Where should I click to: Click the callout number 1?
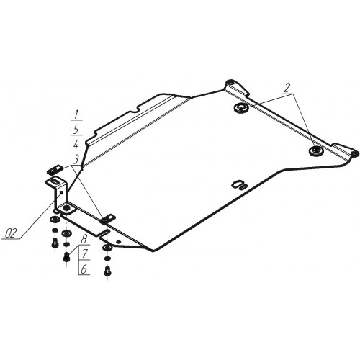[76, 114]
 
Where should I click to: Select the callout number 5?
[76, 130]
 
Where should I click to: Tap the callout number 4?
[76, 145]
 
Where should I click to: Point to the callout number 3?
[76, 159]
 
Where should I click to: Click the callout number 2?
[287, 89]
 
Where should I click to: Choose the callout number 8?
[84, 239]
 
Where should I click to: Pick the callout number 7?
[84, 254]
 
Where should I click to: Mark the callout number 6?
[84, 269]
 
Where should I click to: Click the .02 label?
[10, 233]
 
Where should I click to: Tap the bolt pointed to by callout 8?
[66, 256]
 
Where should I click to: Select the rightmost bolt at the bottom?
[107, 271]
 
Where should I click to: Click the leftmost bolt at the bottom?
[55, 243]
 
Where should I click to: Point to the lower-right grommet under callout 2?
[316, 150]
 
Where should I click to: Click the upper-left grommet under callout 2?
[241, 107]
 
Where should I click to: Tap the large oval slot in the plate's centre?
[238, 184]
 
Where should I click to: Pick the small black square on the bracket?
[61, 192]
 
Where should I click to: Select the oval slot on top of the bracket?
[54, 181]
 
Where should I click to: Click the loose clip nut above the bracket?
[54, 169]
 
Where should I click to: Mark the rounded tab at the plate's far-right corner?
[355, 153]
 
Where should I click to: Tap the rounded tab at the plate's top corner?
[230, 82]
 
